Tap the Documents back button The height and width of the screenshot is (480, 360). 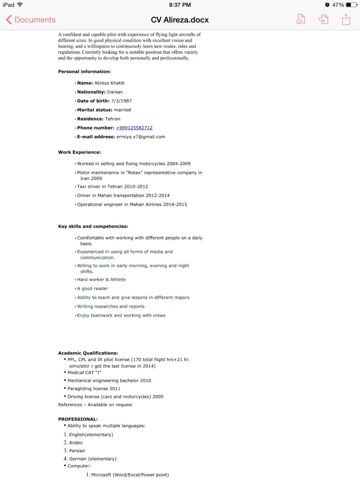coord(31,20)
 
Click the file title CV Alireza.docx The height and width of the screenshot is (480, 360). coord(180,20)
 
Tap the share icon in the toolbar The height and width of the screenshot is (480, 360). coord(346,19)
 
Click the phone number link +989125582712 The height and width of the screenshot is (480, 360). coord(134,128)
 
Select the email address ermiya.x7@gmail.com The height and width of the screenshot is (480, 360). coord(141,137)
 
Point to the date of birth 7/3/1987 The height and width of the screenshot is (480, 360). coord(121,101)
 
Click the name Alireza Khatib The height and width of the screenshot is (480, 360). coord(109,83)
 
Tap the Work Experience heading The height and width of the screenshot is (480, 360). coord(79,152)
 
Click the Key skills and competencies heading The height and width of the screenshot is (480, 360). coord(93,226)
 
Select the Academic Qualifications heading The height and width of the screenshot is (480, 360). coord(88,353)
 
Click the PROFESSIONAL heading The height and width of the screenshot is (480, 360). coord(78,419)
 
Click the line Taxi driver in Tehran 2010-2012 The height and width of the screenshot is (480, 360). coord(112,187)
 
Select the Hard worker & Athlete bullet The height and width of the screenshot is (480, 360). coord(101,279)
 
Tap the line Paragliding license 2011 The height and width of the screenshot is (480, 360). coord(94,388)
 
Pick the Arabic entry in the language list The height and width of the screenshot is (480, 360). coord(76,443)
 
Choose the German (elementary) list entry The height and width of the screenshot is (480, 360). coord(93,459)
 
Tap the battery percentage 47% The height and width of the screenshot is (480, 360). coord(338,5)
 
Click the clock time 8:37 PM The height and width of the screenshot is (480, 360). coord(180,5)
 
